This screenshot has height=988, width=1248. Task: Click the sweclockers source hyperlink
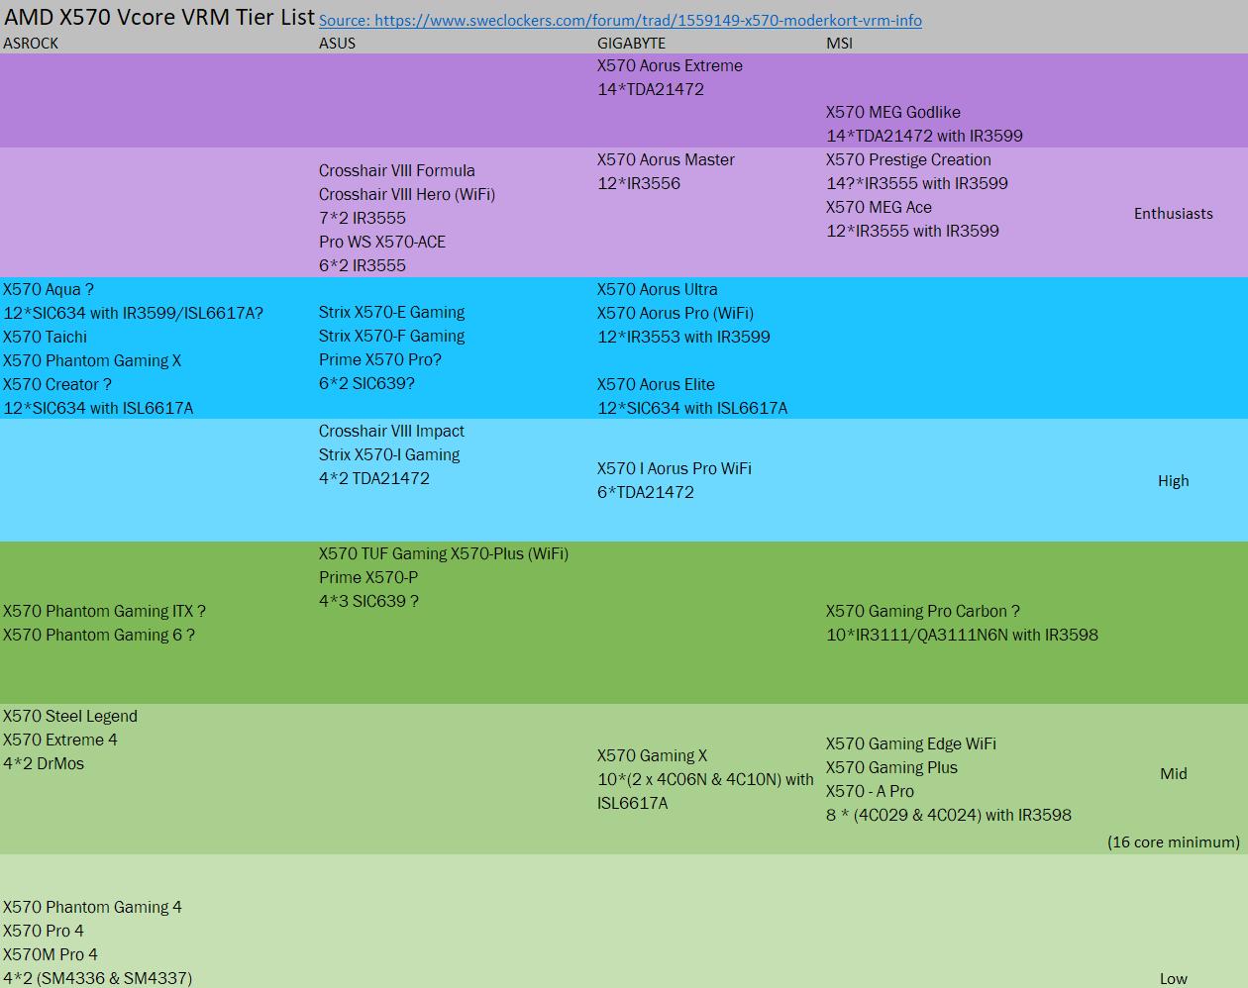tap(620, 20)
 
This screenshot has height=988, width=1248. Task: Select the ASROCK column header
tap(31, 44)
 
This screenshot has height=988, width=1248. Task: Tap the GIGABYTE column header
tap(631, 44)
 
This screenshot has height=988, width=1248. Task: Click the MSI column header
tap(839, 44)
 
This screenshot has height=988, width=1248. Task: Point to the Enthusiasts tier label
tap(1173, 214)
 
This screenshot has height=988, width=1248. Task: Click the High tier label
tap(1173, 481)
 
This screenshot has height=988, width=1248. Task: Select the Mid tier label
tap(1173, 773)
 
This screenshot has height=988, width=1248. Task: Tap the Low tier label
tap(1173, 979)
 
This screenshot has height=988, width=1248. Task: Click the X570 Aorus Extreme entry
tap(670, 65)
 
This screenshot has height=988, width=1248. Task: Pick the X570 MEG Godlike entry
tap(893, 112)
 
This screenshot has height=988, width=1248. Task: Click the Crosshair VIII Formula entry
tap(396, 170)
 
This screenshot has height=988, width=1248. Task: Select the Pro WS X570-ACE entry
tap(382, 242)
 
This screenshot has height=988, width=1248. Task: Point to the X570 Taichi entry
tap(45, 337)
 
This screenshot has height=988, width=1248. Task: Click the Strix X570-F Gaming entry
tap(391, 336)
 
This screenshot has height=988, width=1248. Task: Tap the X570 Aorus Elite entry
tap(656, 384)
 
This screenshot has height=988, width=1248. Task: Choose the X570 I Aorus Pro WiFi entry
tap(674, 468)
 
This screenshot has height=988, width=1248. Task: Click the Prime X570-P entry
tap(368, 577)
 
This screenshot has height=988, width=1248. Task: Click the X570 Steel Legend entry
tap(70, 716)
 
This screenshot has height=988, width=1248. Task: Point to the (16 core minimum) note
tap(1173, 841)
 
